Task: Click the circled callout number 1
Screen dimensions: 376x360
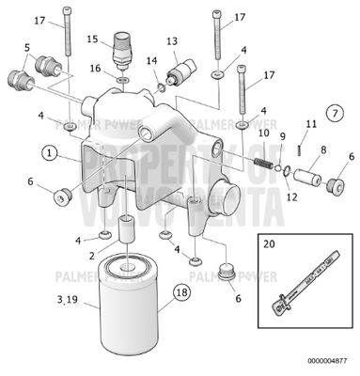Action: coord(49,150)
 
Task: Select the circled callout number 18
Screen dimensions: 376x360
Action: coord(181,293)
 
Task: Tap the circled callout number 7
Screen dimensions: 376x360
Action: coord(334,113)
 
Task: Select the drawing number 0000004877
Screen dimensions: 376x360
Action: coord(326,358)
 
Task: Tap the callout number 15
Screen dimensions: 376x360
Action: coord(93,39)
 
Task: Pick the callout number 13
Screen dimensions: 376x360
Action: coord(172,41)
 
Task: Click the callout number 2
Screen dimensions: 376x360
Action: coord(90,256)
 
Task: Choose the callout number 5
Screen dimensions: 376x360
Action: coord(27,47)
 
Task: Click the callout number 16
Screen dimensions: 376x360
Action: coord(94,68)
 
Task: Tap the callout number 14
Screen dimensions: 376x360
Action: coord(151,61)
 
